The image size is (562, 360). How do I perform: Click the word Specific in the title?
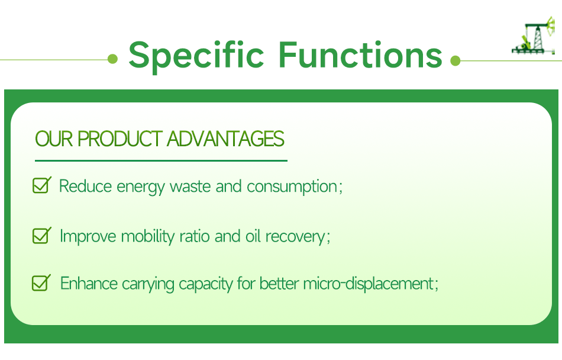coord(196,54)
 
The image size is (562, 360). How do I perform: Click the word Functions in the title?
coord(360,54)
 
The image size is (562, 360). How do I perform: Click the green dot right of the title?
coord(455,60)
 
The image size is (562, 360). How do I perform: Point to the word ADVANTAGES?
coord(225,139)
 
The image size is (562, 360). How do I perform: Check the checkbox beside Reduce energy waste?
coord(41,185)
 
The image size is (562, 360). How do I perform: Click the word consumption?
coord(292,187)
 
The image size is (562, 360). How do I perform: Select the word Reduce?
coord(86,187)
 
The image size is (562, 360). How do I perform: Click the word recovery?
coord(295,237)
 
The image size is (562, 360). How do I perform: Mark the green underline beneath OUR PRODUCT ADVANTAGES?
coord(161,160)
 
